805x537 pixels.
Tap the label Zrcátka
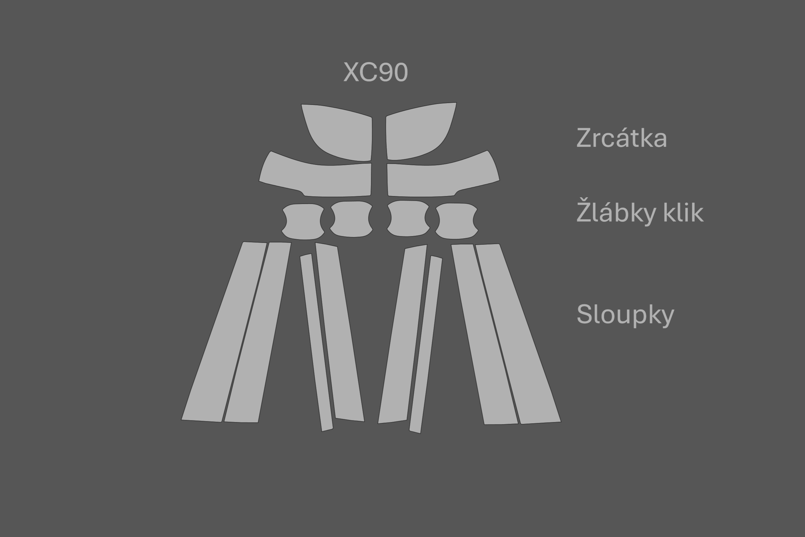pos(622,138)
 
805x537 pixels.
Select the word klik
pos(683,212)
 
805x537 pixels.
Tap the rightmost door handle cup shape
pos(456,221)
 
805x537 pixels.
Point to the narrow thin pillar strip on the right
pos(426,344)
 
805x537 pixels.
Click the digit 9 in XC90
pos(386,72)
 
